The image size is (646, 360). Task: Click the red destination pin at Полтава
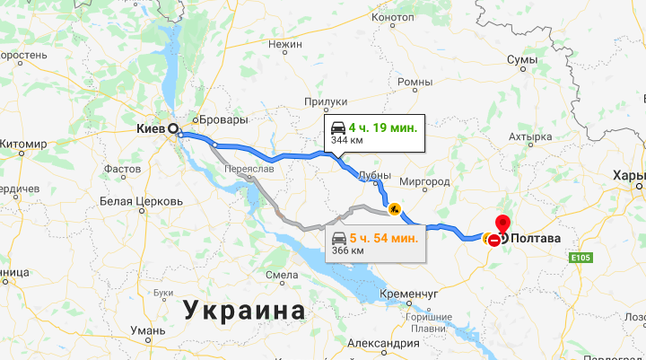pos(502,224)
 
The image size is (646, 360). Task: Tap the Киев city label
pos(150,129)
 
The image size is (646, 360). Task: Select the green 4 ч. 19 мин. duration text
pos(383,128)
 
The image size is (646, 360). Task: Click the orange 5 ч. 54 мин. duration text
pos(383,238)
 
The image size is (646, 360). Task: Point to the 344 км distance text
pos(345,141)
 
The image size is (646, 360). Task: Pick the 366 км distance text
pos(345,250)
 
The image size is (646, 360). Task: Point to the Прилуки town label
pos(326,102)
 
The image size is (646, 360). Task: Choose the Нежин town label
pos(285,43)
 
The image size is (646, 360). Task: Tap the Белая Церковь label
pos(142,200)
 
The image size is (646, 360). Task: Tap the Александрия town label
pos(383,344)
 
